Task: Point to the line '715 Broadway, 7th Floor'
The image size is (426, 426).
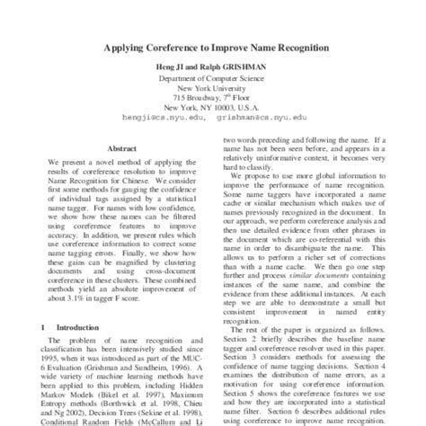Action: (x=213, y=97)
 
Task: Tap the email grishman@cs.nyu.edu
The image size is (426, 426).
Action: (x=266, y=116)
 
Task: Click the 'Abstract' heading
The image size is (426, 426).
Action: (x=122, y=148)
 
